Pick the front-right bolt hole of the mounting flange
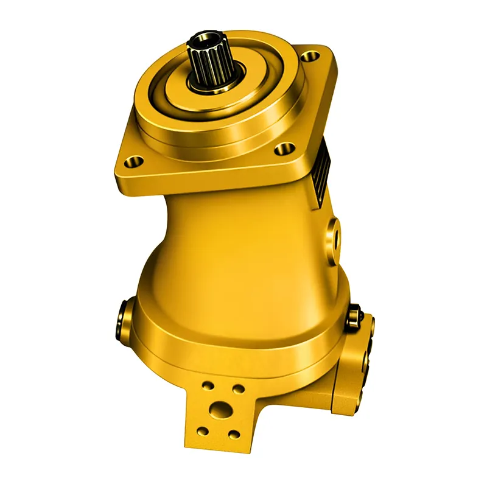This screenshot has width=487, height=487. coord(281,148)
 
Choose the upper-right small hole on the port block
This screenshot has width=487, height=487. coord(239,389)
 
